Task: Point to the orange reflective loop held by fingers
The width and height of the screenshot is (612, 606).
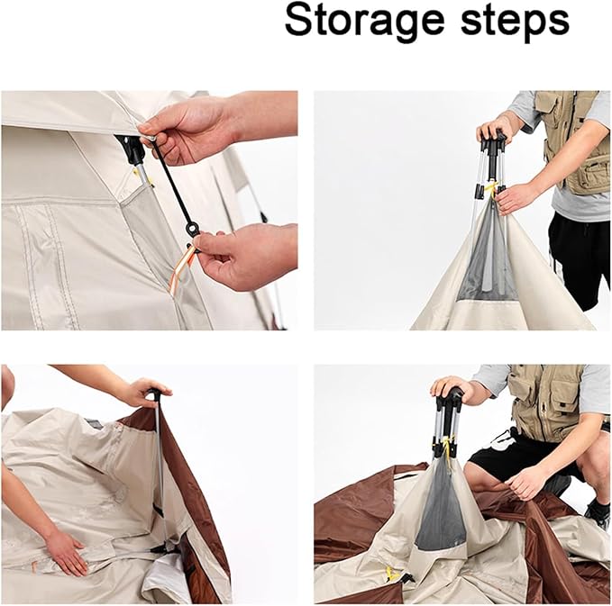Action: click(179, 268)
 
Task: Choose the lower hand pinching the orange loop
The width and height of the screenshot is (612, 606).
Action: click(242, 257)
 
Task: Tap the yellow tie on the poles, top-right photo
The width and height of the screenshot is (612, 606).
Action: click(492, 189)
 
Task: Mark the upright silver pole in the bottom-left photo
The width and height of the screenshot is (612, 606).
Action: click(160, 468)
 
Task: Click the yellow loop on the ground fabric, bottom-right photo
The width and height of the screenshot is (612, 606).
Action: click(391, 574)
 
